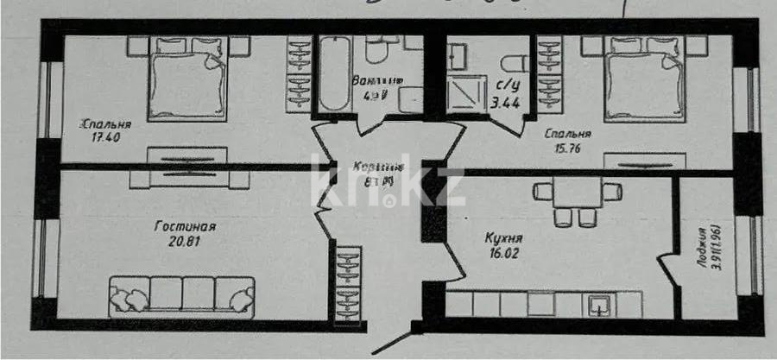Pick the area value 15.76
click(x=567, y=148)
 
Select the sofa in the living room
click(x=181, y=295)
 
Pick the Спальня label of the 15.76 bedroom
click(x=567, y=135)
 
